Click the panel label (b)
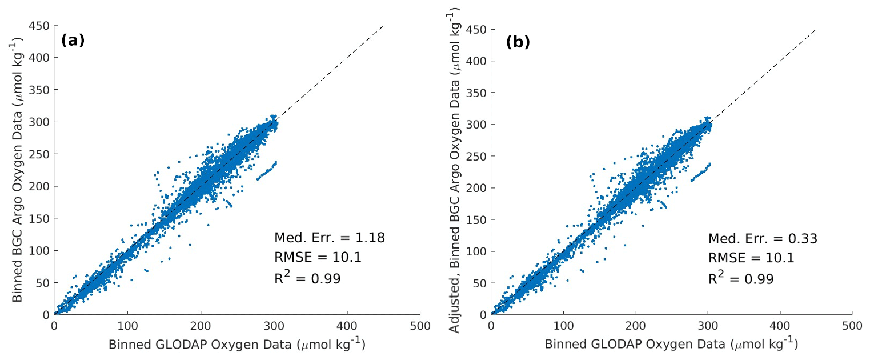[x=518, y=42]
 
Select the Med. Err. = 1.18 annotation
[x=330, y=238]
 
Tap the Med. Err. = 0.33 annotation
[x=763, y=238]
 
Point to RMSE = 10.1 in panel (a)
[x=318, y=258]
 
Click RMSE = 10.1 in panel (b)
[x=751, y=258]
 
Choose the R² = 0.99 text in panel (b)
[x=741, y=278]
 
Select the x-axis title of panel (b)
[x=671, y=345]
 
